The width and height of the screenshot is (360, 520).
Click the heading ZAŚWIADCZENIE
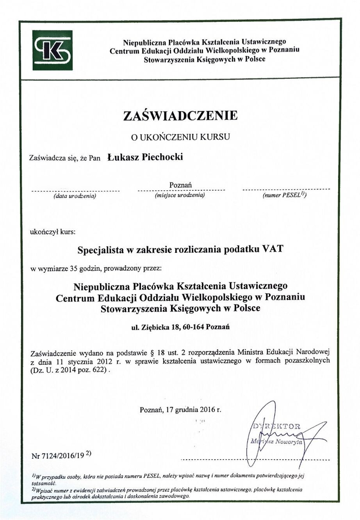click(180, 115)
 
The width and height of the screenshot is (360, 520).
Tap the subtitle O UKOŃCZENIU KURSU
click(180, 137)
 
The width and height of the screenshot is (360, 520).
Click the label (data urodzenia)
click(75, 196)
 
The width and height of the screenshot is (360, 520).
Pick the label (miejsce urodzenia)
click(180, 195)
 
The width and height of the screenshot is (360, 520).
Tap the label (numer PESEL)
click(284, 195)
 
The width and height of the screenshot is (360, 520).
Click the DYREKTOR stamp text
click(276, 426)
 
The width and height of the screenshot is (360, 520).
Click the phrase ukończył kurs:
click(53, 232)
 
